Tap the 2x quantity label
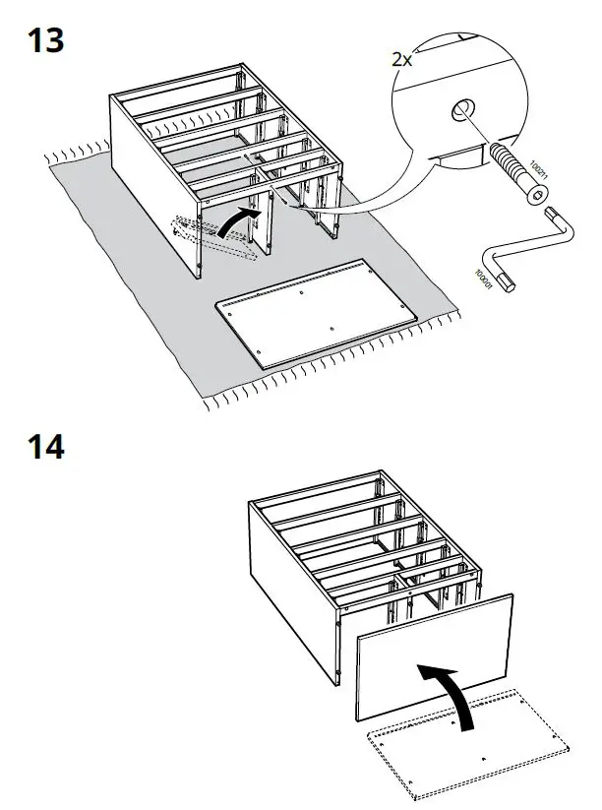402,59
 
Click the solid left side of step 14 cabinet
290,591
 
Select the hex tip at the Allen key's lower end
508,283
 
